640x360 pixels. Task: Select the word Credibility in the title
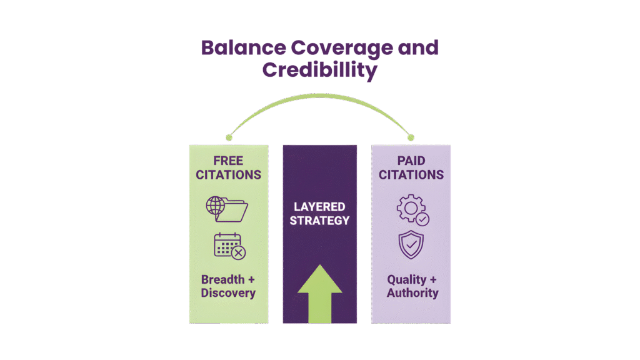pos(319,70)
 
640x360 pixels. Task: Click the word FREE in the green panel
pos(228,161)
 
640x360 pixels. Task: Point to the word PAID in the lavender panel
pos(411,161)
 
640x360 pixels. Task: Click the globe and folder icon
pos(227,209)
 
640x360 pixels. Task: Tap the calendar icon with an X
pos(229,246)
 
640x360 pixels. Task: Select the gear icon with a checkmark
pos(412,210)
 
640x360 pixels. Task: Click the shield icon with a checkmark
pos(411,245)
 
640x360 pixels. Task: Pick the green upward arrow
pos(319,293)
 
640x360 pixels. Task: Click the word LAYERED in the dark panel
pos(319,207)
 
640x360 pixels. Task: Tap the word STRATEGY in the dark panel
pos(319,221)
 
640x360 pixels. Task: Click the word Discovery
pos(228,292)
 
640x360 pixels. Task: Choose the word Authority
pos(412,292)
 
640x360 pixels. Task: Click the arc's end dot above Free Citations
pos(229,137)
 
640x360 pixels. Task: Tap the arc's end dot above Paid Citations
pos(411,137)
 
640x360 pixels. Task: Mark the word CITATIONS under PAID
pos(411,175)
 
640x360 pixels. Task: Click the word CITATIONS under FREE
pos(228,175)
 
